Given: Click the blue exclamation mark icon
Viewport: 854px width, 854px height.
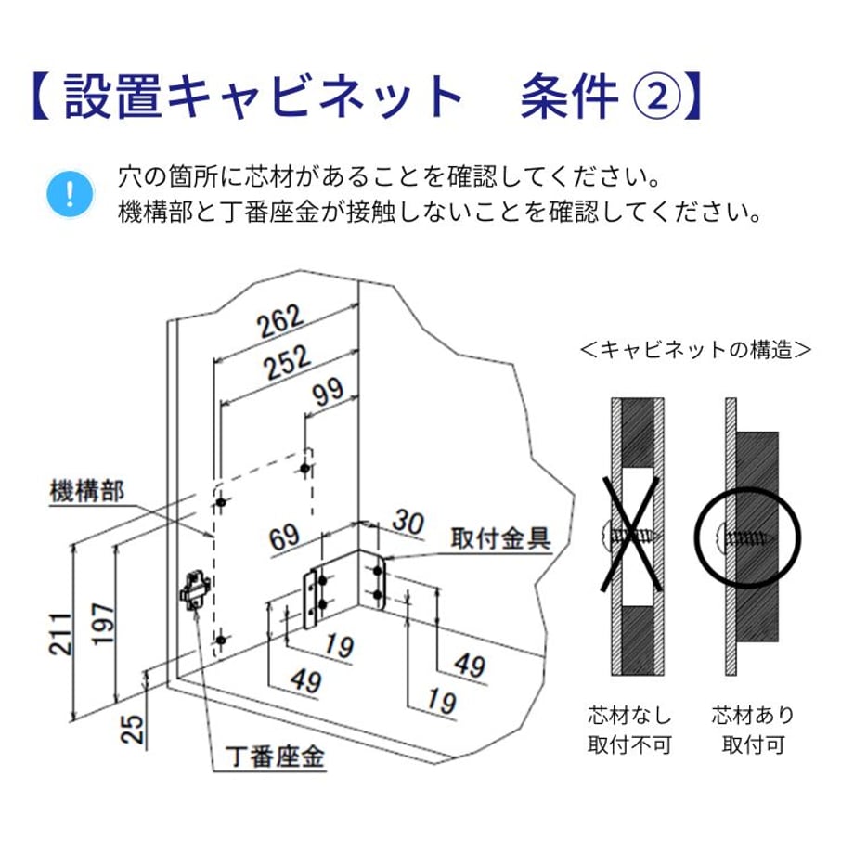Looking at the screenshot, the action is point(70,194).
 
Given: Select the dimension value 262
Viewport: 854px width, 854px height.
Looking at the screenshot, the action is point(278,321).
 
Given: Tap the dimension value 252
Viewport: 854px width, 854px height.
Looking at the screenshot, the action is point(288,362).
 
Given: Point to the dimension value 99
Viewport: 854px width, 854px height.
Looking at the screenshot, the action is point(327,391).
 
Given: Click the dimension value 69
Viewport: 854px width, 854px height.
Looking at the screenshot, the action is point(284,537).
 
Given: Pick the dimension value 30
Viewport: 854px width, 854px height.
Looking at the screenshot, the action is point(408,522).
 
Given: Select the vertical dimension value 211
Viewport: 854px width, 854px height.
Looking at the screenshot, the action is point(60,633).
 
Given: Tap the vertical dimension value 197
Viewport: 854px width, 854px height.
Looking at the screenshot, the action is point(103,624).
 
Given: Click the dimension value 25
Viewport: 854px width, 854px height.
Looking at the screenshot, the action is point(133,729).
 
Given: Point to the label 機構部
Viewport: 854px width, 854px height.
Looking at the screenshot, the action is point(87,491).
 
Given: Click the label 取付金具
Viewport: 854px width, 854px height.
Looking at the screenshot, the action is point(500,538).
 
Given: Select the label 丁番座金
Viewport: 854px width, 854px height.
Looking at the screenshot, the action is point(275,756).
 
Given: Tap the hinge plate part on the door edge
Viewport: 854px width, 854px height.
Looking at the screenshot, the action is point(194,589).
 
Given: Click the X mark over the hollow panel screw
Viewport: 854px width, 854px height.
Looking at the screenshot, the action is point(631,535).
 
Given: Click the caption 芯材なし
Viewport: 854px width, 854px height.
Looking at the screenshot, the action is point(629,716).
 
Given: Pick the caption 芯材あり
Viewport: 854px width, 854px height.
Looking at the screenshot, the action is point(753,716).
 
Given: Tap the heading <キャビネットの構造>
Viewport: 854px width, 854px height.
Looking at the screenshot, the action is point(696,350).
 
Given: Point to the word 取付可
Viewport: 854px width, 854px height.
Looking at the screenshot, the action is point(753,744).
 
